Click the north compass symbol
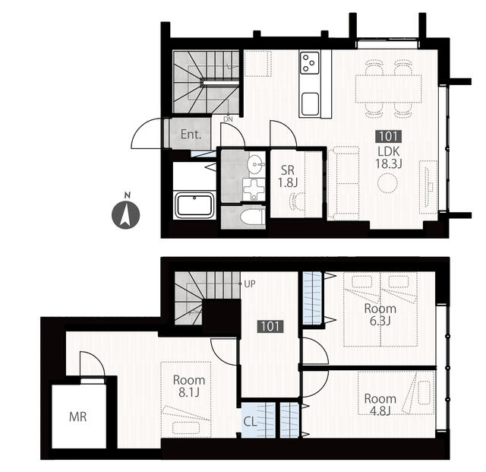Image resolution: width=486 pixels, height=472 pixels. pyautogui.click(x=125, y=214)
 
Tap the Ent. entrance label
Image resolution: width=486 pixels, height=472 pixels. pyautogui.click(x=191, y=135)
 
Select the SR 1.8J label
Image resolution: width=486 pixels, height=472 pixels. pyautogui.click(x=288, y=176)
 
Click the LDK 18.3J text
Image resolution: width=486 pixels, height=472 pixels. pyautogui.click(x=389, y=157)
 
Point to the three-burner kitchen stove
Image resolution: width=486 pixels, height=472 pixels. pyautogui.click(x=310, y=63)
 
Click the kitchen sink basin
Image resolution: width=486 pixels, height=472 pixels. pyautogui.click(x=310, y=104)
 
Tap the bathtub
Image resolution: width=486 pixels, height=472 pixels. pyautogui.click(x=194, y=204)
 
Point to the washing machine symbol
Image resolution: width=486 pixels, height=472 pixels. pyautogui.click(x=254, y=188)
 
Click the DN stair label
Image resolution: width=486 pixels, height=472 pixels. pyautogui.click(x=228, y=119)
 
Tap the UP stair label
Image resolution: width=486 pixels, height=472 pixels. pyautogui.click(x=250, y=284)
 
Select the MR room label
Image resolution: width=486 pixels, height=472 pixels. pyautogui.click(x=77, y=417)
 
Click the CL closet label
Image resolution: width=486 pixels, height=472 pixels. pyautogui.click(x=250, y=421)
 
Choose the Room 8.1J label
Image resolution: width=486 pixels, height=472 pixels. pyautogui.click(x=189, y=386)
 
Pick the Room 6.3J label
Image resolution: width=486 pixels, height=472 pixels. pyautogui.click(x=380, y=315)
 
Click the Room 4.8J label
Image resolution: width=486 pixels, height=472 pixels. pyautogui.click(x=380, y=404)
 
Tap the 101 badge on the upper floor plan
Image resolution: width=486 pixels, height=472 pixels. pyautogui.click(x=389, y=136)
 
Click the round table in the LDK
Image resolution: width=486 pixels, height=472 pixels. pyautogui.click(x=387, y=183)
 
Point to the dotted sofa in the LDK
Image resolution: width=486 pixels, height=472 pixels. pyautogui.click(x=343, y=183)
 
